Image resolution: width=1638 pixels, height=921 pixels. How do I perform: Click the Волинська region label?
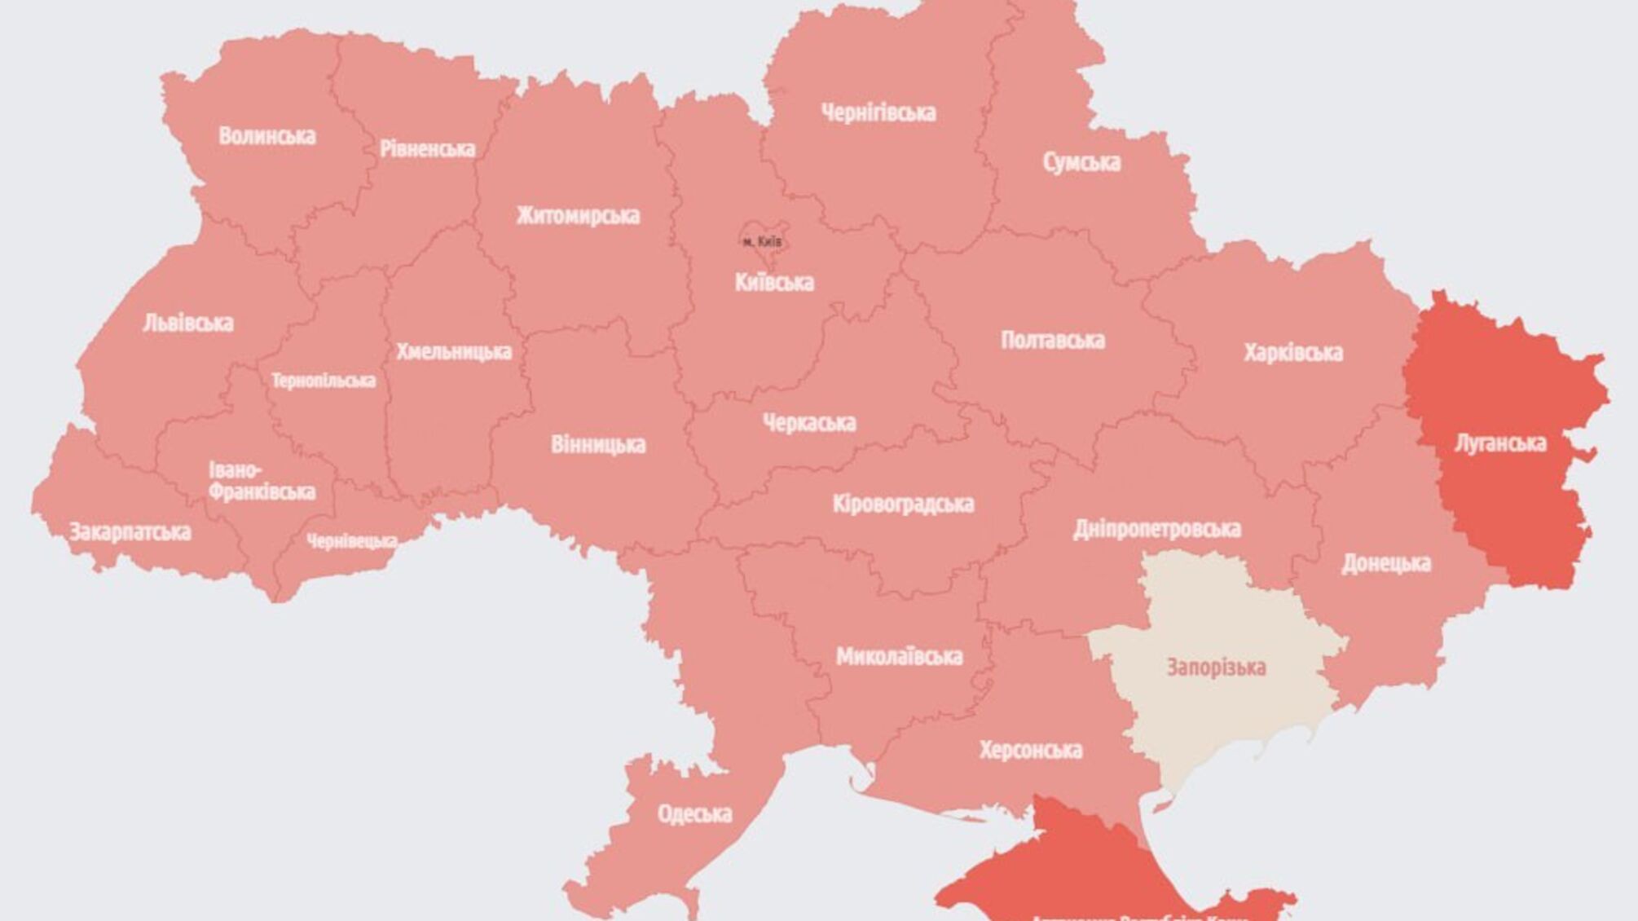pos(266,136)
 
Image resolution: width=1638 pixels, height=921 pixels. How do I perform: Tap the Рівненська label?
pos(427,149)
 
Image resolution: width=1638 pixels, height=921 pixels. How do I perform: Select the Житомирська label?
pos(578,216)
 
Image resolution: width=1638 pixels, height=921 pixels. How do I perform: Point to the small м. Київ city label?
pos(763,242)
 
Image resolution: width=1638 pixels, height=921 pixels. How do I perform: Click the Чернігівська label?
pos(878,112)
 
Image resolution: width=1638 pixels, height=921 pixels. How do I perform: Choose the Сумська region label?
pos(1081,162)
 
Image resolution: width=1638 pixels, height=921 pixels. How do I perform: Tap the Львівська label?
pos(188,324)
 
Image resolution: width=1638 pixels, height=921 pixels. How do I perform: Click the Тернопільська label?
pos(324,381)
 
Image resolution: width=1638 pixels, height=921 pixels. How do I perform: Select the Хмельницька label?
pos(454,352)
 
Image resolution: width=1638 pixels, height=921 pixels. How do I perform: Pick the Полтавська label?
pos(1052,340)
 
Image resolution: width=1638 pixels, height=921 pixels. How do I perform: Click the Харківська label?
pos(1292,353)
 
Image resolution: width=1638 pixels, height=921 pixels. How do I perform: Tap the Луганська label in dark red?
pos(1500,443)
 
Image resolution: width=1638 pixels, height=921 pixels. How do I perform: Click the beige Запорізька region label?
pos(1216,668)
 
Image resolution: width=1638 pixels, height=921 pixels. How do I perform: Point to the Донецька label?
pos(1385,563)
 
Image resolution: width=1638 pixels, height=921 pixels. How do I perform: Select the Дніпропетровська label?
pos(1156,529)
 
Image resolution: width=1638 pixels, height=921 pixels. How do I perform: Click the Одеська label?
pos(694,813)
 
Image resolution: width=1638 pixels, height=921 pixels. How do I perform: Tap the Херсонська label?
pos(1030,750)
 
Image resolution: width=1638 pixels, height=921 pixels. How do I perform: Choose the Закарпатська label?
pos(130,533)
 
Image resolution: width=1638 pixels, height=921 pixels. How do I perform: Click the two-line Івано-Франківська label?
pos(261,482)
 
